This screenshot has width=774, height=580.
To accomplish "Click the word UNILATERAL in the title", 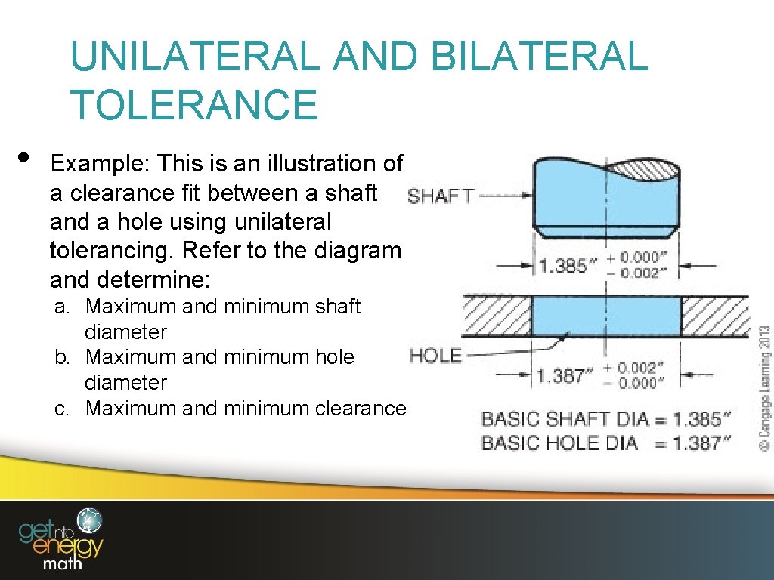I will [193, 57].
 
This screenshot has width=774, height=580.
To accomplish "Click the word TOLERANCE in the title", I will [193, 104].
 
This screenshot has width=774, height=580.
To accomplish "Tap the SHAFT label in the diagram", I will [440, 196].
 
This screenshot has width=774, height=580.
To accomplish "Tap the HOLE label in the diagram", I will [435, 356].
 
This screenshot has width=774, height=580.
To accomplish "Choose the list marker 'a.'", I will [63, 307].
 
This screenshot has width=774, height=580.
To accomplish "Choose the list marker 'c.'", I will [63, 409].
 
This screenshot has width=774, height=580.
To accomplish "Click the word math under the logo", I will [63, 563].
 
